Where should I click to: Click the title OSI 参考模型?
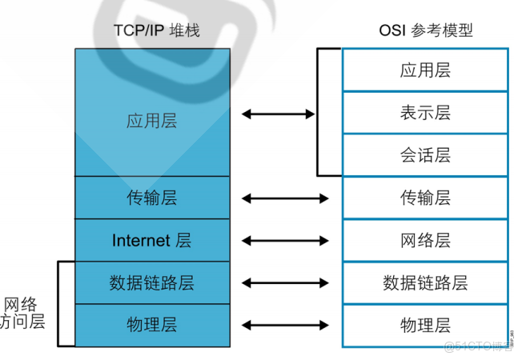pos(425,31)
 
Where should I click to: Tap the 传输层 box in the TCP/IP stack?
pos(151,198)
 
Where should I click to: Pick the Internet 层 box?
pos(151,240)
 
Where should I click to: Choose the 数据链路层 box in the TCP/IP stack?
pos(151,282)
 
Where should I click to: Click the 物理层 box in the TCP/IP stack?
pos(151,325)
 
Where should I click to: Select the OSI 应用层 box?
pos(425,70)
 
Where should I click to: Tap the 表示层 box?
pos(425,113)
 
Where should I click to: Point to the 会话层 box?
pos(425,154)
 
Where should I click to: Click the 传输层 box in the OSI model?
pos(425,198)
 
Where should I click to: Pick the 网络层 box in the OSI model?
pos(425,240)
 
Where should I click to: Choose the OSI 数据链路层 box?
pos(425,282)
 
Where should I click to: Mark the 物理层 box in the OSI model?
pos(425,325)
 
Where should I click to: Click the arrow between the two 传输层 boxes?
pos(284,198)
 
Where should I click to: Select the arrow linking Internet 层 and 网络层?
pos(284,240)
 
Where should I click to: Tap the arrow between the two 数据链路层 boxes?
pos(284,282)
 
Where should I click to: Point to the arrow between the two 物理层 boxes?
pos(284,325)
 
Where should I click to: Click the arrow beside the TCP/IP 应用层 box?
pos(278,114)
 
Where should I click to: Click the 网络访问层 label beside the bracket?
pos(24,313)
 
